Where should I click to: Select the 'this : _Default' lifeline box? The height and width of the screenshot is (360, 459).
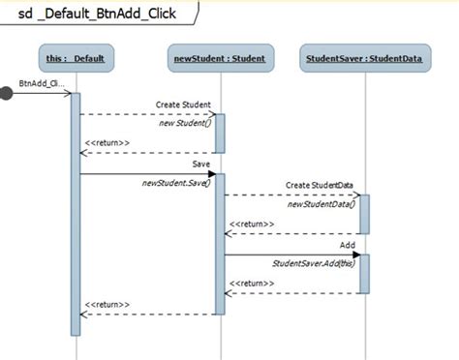75,59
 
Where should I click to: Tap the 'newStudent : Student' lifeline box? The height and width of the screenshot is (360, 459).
220,59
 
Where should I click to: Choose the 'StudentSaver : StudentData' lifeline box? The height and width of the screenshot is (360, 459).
364,59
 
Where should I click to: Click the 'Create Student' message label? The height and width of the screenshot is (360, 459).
183,104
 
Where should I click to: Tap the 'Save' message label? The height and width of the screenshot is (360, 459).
200,165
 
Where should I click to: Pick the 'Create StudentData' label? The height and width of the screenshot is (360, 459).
320,184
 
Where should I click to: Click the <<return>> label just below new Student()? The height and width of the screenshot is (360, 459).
106,143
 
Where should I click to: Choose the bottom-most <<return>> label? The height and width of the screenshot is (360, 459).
106,304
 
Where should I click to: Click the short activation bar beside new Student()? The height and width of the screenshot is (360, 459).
220,134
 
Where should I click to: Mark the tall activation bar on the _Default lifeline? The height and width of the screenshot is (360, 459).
75,213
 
